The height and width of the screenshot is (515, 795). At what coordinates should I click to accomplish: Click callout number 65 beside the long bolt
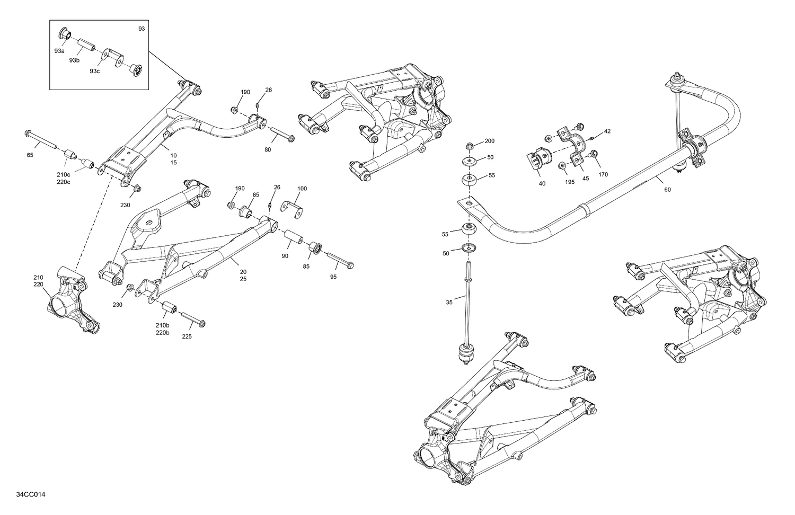pos(30,155)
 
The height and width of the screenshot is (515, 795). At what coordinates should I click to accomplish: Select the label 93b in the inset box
pos(74,60)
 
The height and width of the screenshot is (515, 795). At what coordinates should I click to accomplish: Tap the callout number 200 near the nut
pos(489,141)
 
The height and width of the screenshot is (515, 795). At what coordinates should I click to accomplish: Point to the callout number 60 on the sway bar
pos(667,190)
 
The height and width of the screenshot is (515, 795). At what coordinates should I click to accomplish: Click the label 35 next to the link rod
pos(449,302)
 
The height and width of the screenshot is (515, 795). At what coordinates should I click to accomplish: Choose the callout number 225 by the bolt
pos(187,336)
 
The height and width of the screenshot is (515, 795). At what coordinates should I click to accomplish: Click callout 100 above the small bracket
pos(302,189)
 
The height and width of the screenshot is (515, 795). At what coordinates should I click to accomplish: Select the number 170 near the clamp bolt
pos(603,174)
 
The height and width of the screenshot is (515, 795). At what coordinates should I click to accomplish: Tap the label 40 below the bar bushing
pos(542,184)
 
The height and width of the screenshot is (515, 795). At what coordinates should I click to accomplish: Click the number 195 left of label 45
pos(569,182)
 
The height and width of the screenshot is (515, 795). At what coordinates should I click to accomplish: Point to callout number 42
pos(607,131)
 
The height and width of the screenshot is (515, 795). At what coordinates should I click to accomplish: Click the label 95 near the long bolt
pos(333,277)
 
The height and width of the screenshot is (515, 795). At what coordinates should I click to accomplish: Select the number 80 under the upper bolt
pos(268,150)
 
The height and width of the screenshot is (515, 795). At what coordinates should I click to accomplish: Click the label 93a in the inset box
pos(59,51)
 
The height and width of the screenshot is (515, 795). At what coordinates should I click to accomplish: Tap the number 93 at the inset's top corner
pos(141,29)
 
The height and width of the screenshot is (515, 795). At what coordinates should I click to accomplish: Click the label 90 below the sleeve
pos(285,256)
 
